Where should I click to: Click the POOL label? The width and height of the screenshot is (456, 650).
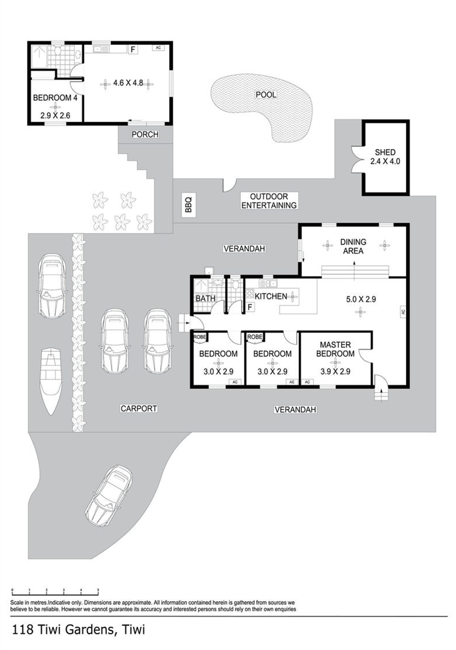tap(266, 95)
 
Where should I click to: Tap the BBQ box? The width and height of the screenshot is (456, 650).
tap(188, 204)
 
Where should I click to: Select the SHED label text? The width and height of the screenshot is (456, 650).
tap(385, 152)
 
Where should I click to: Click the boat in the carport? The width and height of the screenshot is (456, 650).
tap(51, 381)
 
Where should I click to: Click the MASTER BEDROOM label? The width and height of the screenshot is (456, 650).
tap(335, 349)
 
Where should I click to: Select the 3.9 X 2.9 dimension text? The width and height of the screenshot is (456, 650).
tap(335, 372)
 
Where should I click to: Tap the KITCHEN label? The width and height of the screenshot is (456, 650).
tap(271, 296)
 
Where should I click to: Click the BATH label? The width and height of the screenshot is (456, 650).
tap(205, 298)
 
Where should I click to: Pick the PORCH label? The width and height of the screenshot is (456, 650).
tap(145, 134)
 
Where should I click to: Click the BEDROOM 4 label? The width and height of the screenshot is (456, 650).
tap(55, 97)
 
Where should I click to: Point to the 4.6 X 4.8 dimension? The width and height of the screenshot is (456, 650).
tap(128, 83)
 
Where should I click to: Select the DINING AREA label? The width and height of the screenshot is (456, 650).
tap(353, 246)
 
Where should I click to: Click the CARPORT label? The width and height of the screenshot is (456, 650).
tap(139, 409)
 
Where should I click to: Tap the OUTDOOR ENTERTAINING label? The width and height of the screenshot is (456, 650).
tap(269, 201)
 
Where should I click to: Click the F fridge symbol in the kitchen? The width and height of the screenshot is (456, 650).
tap(250, 307)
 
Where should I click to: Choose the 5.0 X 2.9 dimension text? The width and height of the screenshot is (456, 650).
tap(361, 299)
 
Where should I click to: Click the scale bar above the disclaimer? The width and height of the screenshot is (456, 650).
tap(55, 591)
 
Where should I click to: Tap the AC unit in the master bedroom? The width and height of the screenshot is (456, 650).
tap(307, 382)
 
